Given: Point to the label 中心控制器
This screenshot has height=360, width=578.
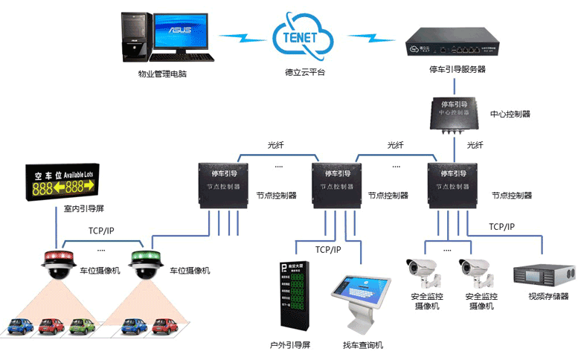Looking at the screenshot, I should pos(510,115).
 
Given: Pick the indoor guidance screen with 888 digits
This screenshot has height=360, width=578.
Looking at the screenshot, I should pos(61,181).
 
